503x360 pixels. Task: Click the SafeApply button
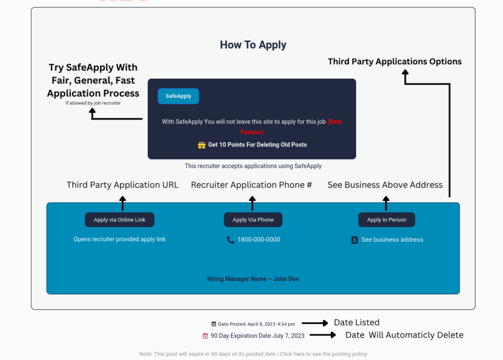pos(178,96)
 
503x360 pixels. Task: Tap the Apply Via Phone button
pos(253,220)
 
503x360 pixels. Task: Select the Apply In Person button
pos(387,220)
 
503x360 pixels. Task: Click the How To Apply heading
pos(253,45)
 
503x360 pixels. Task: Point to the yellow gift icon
pos(201,145)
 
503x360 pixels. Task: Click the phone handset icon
pos(230,240)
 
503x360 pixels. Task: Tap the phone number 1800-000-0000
pos(258,240)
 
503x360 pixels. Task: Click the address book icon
pos(355,240)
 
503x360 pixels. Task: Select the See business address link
pos(392,240)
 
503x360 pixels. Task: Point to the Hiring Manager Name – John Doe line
pos(253,279)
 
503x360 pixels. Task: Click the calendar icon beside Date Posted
pos(214,324)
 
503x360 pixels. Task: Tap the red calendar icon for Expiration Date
pos(205,336)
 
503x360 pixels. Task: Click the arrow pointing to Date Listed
pos(315,323)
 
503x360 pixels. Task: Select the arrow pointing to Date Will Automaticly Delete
pos(323,335)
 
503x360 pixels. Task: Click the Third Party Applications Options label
pos(394,61)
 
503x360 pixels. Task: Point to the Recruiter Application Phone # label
pos(251,185)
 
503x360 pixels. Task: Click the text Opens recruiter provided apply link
pos(120,239)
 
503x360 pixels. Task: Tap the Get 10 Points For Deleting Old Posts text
pos(257,145)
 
